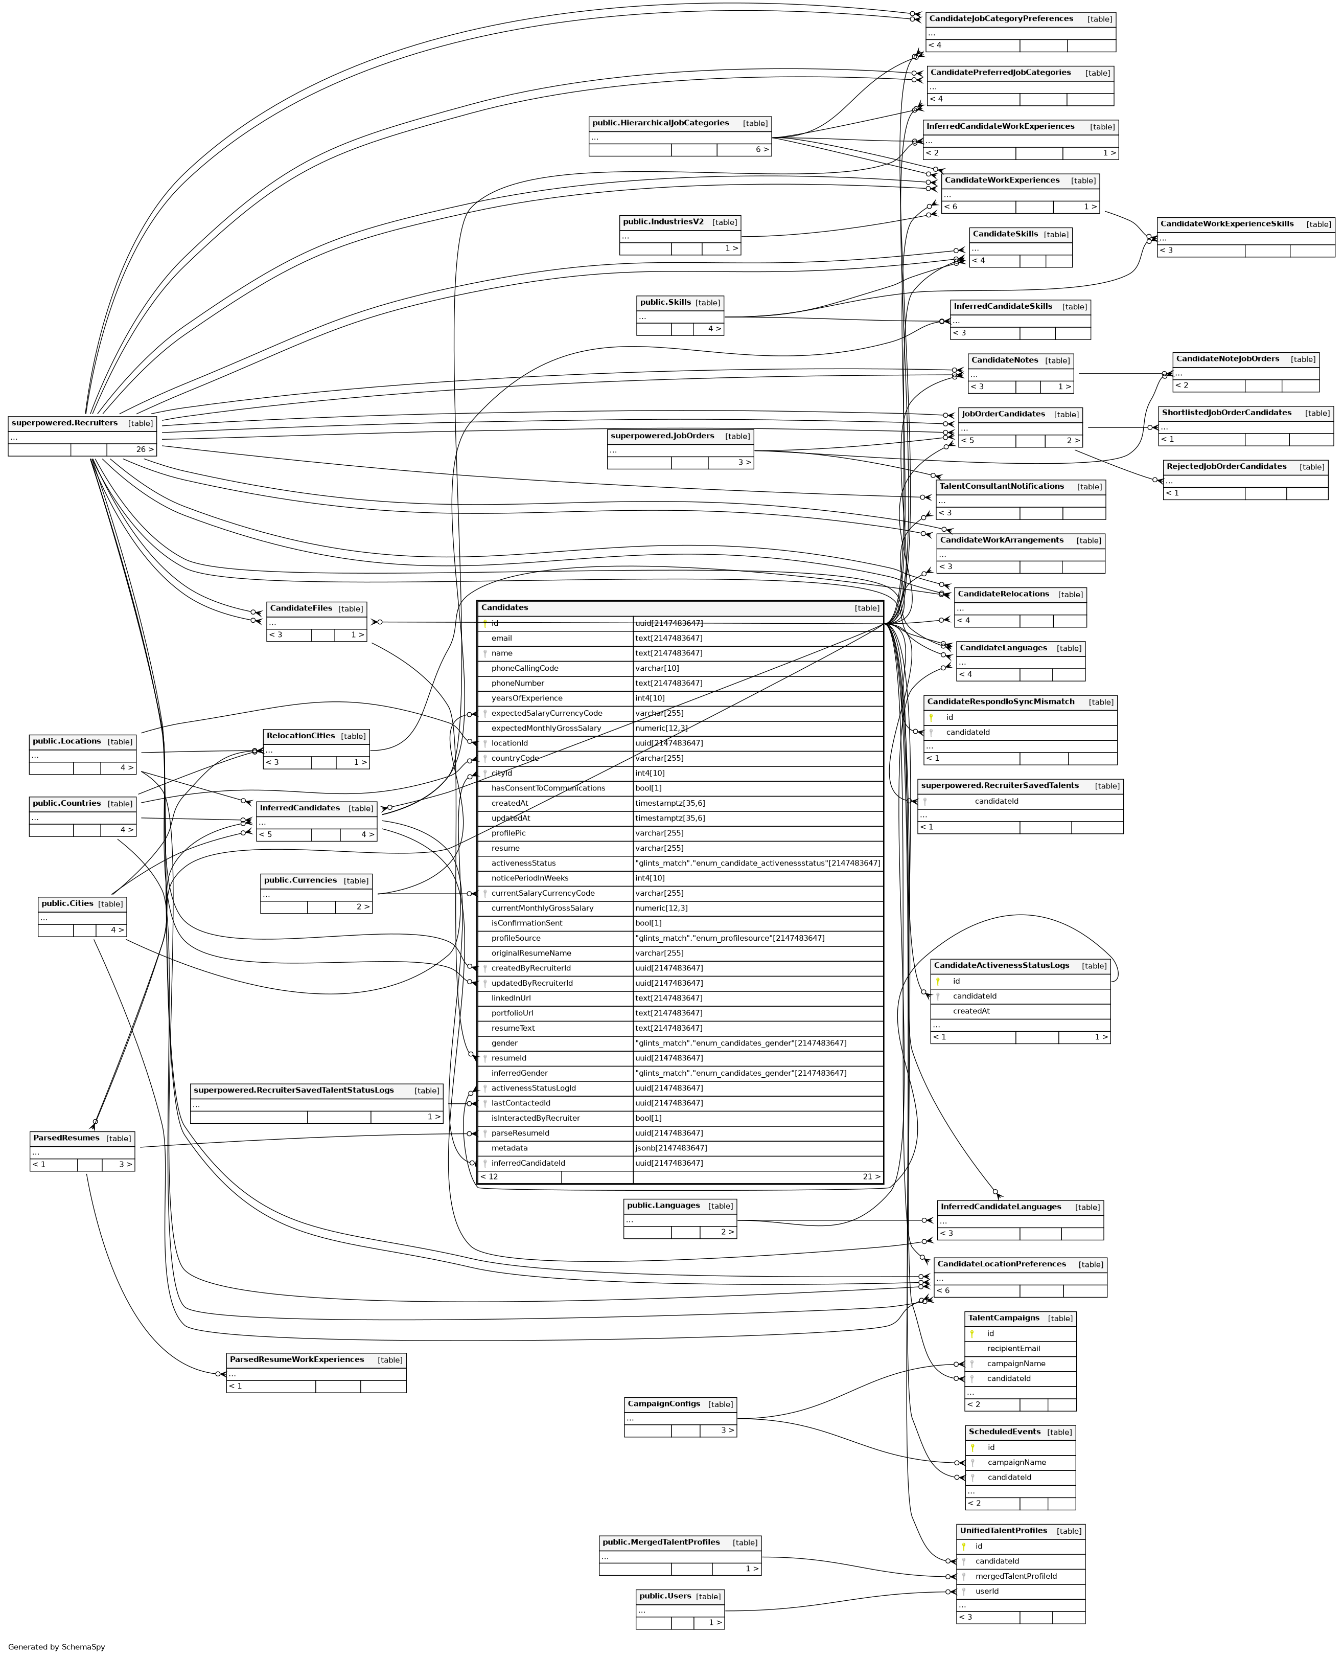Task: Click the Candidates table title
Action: click(x=504, y=607)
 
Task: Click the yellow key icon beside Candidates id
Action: click(x=485, y=623)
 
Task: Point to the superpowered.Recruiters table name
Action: click(x=64, y=423)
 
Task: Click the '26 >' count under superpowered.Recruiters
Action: click(x=145, y=449)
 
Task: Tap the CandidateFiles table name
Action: click(x=302, y=608)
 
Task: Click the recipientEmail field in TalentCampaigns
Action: click(x=1013, y=1348)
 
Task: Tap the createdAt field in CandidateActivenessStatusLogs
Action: click(x=971, y=1011)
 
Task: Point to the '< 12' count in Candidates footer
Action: click(x=489, y=1176)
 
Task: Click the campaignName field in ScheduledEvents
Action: click(x=1016, y=1462)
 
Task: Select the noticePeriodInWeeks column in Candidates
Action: click(x=530, y=878)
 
